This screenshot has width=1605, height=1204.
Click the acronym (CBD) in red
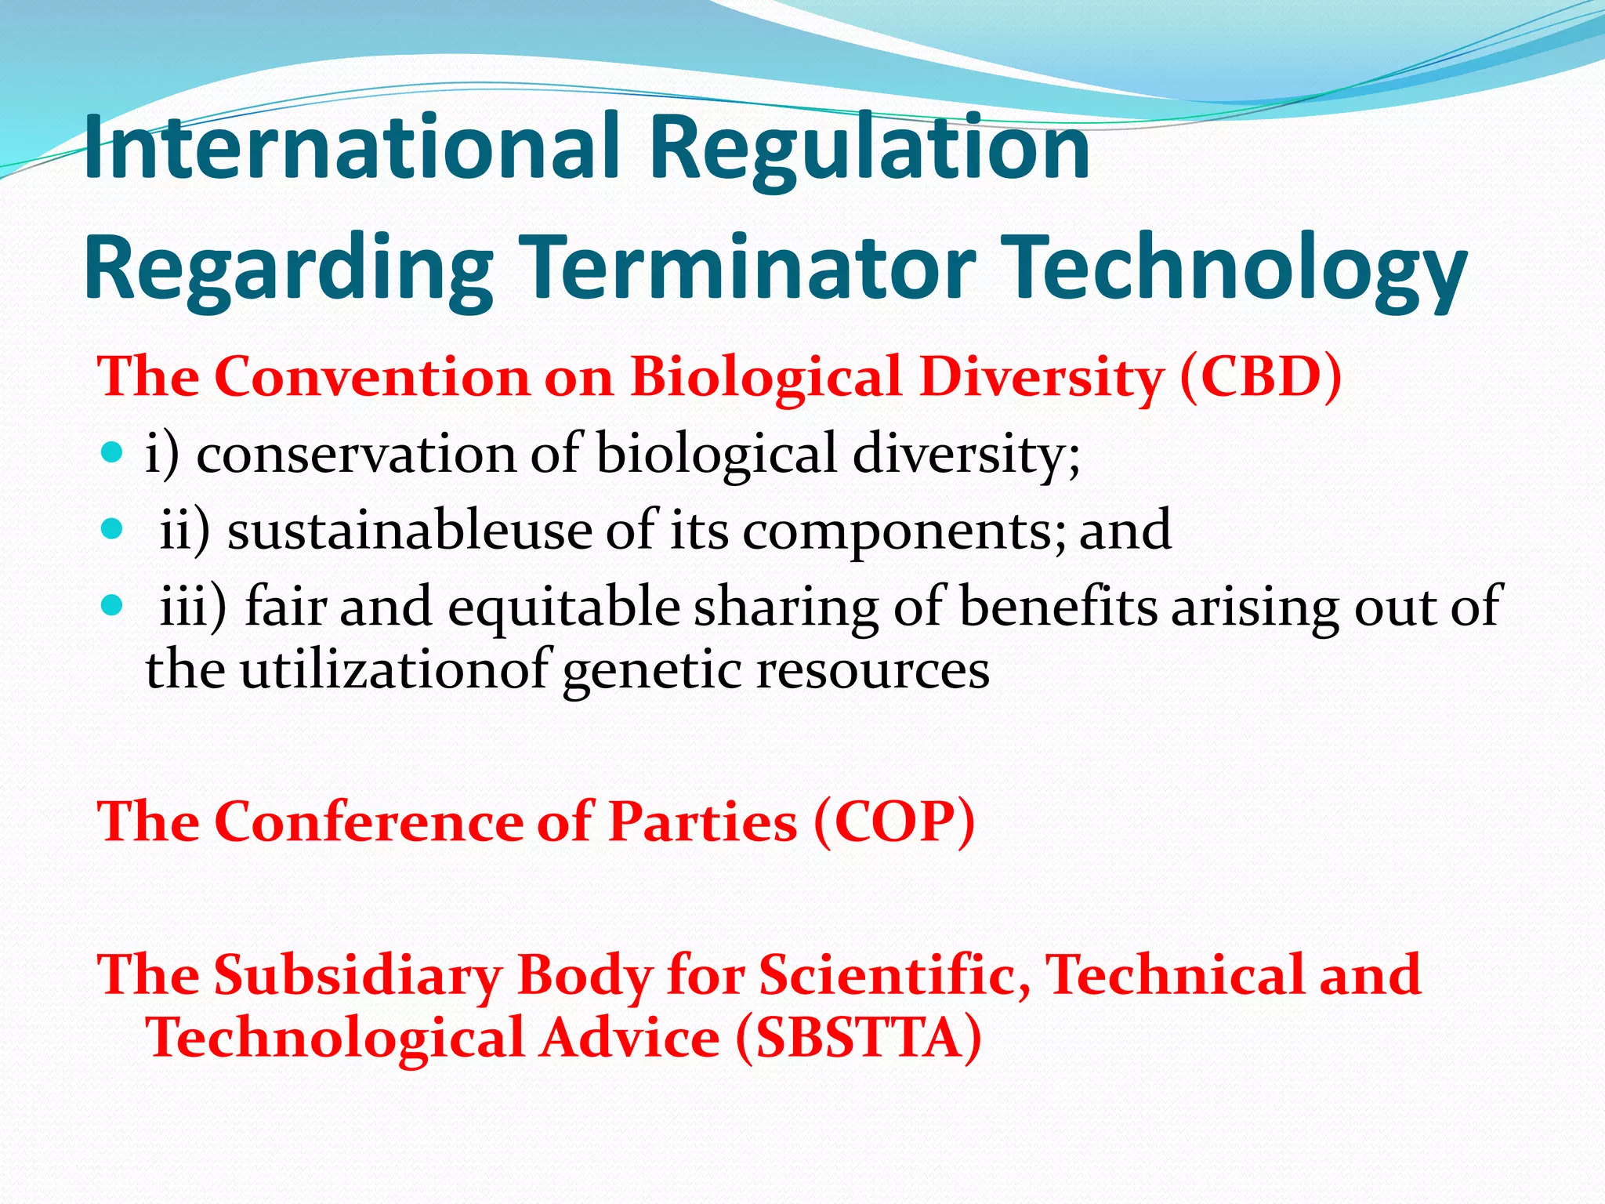coord(1260,377)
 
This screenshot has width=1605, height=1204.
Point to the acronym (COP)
coord(894,822)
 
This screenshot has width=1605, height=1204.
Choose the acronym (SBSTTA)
coord(858,1038)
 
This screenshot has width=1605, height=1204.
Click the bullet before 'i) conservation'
coord(113,452)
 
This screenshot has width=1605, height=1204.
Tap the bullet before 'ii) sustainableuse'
coord(113,529)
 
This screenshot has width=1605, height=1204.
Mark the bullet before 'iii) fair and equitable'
coord(113,605)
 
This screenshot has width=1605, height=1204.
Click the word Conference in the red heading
coord(368,822)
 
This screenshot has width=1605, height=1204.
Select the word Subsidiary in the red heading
coord(357,976)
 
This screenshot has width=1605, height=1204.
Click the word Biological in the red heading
coord(766,378)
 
